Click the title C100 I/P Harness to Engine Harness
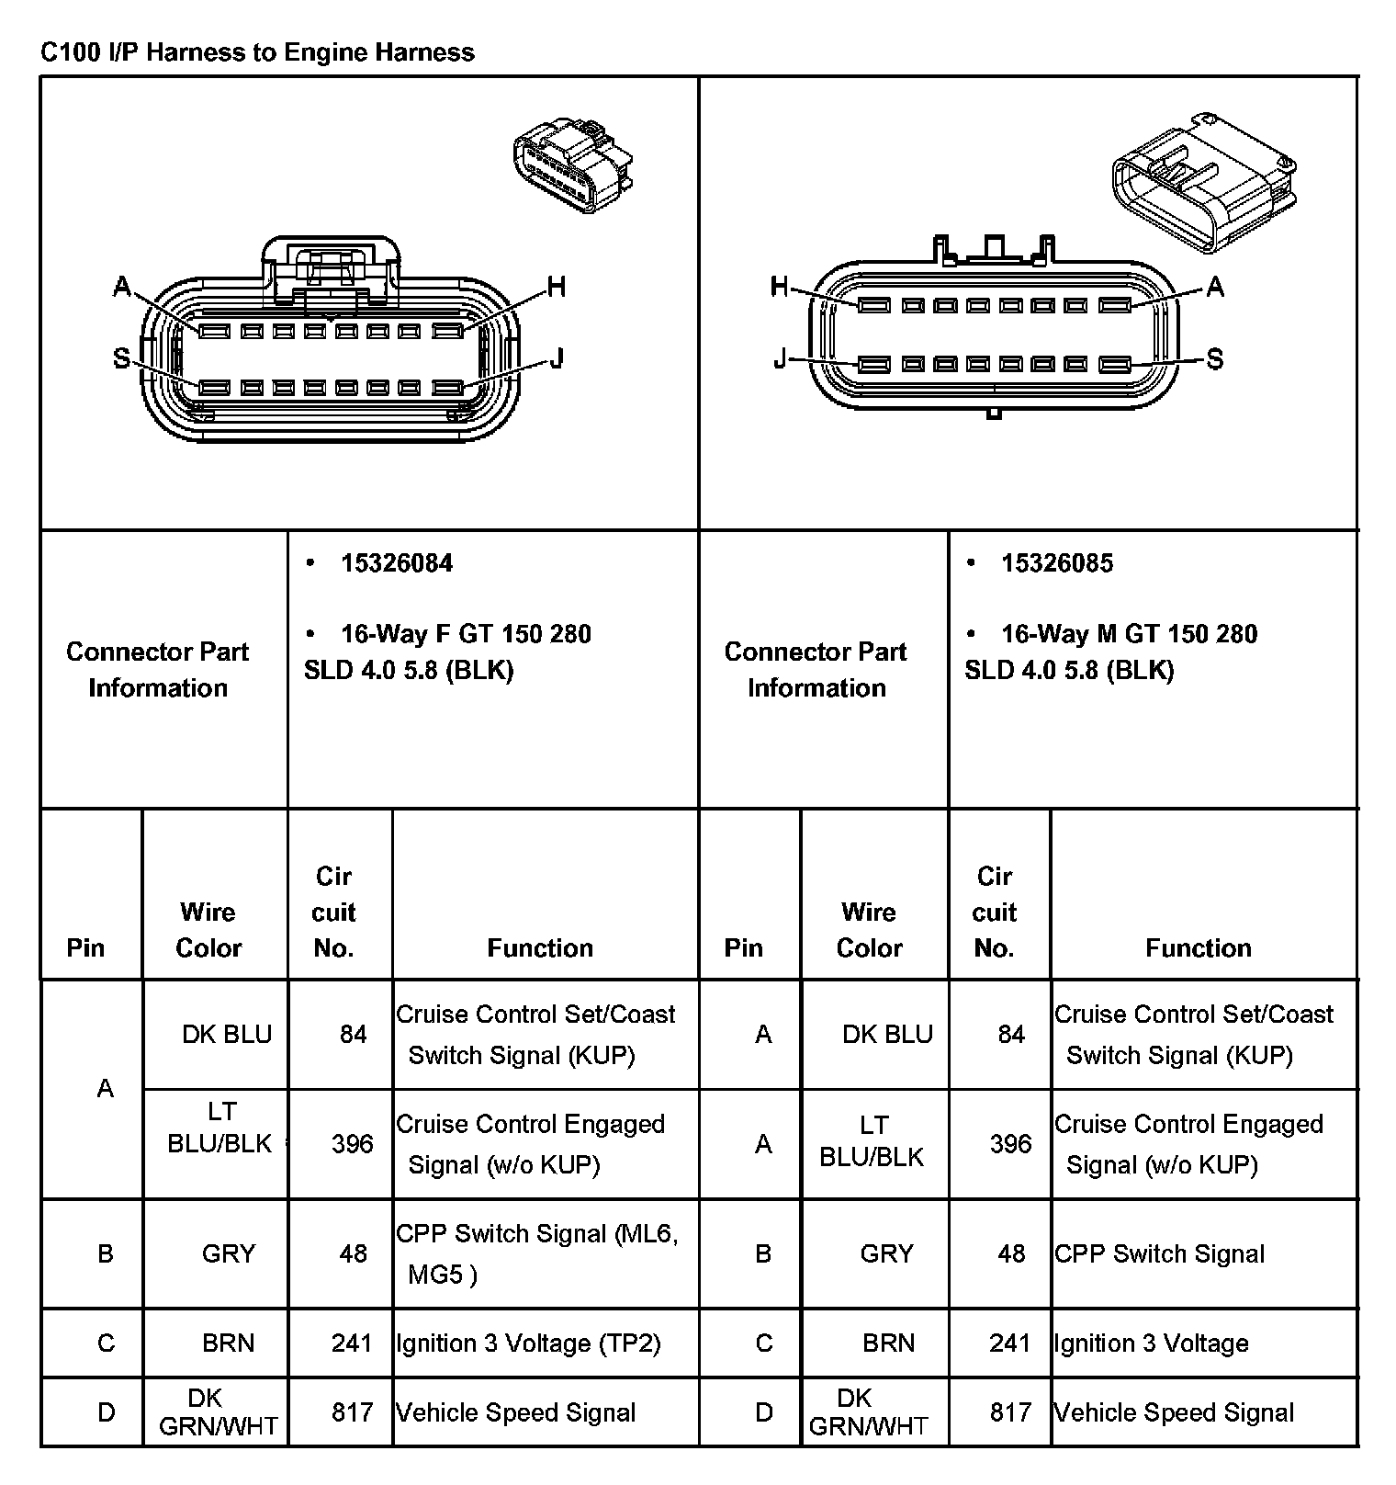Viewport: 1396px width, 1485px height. (257, 52)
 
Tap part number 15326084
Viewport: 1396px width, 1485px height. (396, 563)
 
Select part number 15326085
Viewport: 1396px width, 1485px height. (1056, 563)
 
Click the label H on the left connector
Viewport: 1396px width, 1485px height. (556, 288)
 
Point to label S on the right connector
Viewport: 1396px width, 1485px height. (1214, 358)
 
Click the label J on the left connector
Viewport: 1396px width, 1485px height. (556, 358)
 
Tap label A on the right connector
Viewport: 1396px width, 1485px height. (1214, 287)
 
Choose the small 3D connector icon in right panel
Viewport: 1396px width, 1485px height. (1203, 184)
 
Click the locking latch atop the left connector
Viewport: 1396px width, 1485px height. (331, 266)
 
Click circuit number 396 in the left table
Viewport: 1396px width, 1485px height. (353, 1144)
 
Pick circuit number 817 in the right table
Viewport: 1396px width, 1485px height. (1010, 1412)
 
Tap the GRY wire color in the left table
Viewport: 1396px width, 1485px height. (228, 1253)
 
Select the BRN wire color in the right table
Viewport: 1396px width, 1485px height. (888, 1343)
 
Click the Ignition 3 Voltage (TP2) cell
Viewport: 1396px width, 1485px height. (528, 1343)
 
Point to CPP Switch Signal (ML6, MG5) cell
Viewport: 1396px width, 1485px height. (536, 1253)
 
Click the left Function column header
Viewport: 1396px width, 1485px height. (540, 947)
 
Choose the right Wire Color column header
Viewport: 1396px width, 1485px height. (869, 929)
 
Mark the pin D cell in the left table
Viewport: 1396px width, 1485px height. (106, 1412)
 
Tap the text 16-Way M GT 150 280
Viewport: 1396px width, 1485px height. (1128, 634)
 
